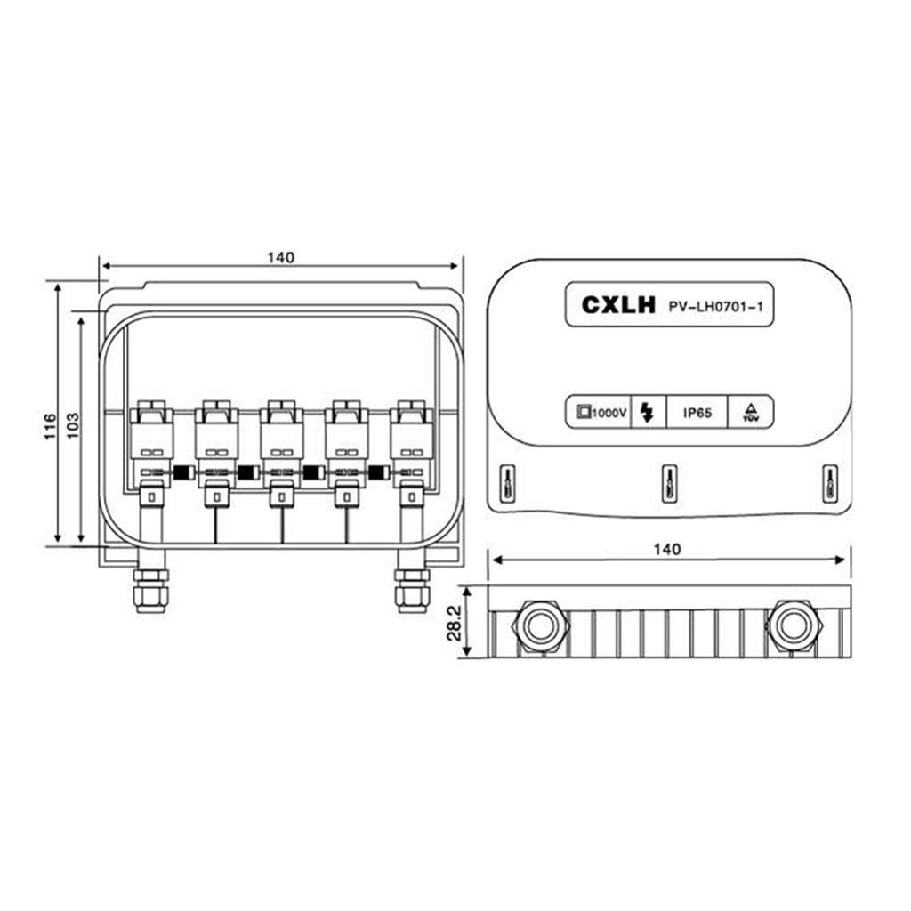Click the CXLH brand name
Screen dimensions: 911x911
point(618,304)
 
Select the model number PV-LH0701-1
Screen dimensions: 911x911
point(716,306)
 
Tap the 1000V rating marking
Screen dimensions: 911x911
point(602,413)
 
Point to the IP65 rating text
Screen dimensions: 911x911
point(697,413)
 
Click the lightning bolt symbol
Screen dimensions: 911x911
point(648,413)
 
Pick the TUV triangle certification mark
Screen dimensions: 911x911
point(751,412)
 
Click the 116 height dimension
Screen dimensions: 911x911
point(51,426)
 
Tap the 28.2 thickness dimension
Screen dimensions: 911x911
point(455,622)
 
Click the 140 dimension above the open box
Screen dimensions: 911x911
point(280,257)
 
